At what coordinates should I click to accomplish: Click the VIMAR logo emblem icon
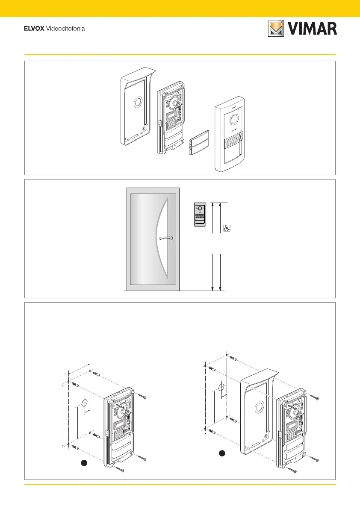(276, 28)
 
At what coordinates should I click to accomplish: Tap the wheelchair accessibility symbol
(227, 229)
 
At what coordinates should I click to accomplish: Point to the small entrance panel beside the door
(200, 214)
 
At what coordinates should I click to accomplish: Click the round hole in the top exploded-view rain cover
(138, 102)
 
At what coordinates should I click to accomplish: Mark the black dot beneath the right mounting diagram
(222, 453)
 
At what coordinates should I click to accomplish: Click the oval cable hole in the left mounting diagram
(84, 403)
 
